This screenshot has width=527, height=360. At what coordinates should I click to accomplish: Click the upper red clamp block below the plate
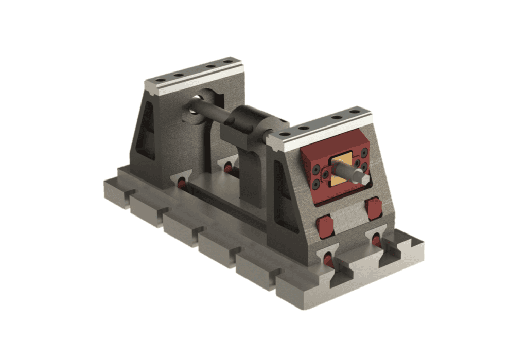(x=374, y=207)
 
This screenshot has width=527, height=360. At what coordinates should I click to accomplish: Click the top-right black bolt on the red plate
(x=364, y=153)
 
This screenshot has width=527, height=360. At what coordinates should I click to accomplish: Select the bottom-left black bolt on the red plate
(x=316, y=185)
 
